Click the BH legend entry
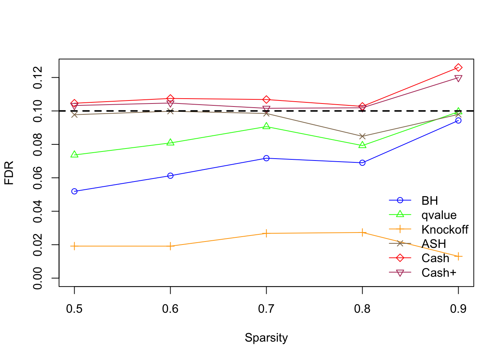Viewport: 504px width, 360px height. pos(429,201)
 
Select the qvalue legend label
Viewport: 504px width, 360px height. pos(439,215)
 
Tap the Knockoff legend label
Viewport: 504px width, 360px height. pos(445,229)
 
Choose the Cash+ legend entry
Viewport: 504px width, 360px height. pos(439,273)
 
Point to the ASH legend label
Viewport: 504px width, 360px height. pos(433,244)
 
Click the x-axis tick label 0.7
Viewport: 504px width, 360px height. pos(266,309)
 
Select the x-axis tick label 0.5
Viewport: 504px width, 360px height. pos(74,309)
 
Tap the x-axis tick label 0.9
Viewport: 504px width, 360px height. pos(458,309)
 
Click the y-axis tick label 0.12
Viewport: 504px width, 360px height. pos(38,78)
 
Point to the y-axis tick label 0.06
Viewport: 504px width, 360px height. pos(38,178)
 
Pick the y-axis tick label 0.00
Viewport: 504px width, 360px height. pos(38,278)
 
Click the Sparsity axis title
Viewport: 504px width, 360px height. pos(266,337)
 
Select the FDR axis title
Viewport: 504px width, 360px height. pos(9,173)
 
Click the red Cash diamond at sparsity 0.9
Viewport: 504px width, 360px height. pos(458,67)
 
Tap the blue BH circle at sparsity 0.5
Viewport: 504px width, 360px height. pos(74,191)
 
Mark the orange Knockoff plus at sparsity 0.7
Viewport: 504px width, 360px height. pos(266,233)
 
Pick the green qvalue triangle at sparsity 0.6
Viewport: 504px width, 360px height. pos(170,142)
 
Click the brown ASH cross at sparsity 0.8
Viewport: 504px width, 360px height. pos(362,136)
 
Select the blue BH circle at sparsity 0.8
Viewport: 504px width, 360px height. pos(362,163)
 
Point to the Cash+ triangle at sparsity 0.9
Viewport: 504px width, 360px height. pos(458,78)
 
